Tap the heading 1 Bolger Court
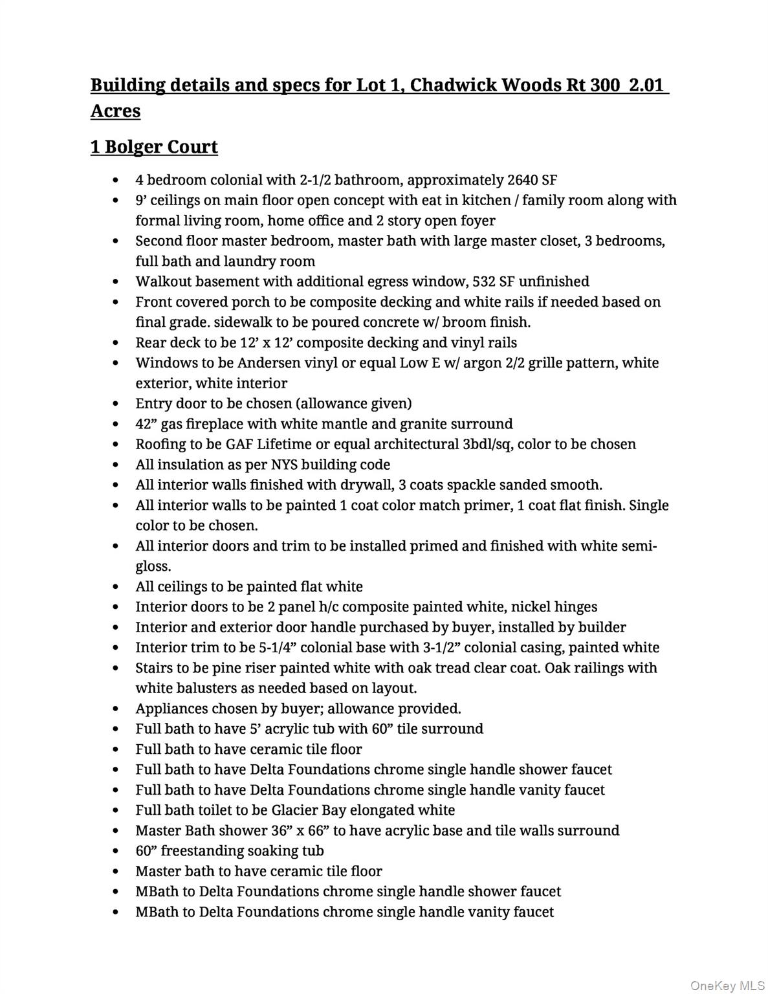click(x=154, y=147)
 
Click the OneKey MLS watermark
click(x=727, y=986)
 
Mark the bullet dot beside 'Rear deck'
click(x=115, y=343)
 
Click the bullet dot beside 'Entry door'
click(x=115, y=404)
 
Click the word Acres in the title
click(x=115, y=111)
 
